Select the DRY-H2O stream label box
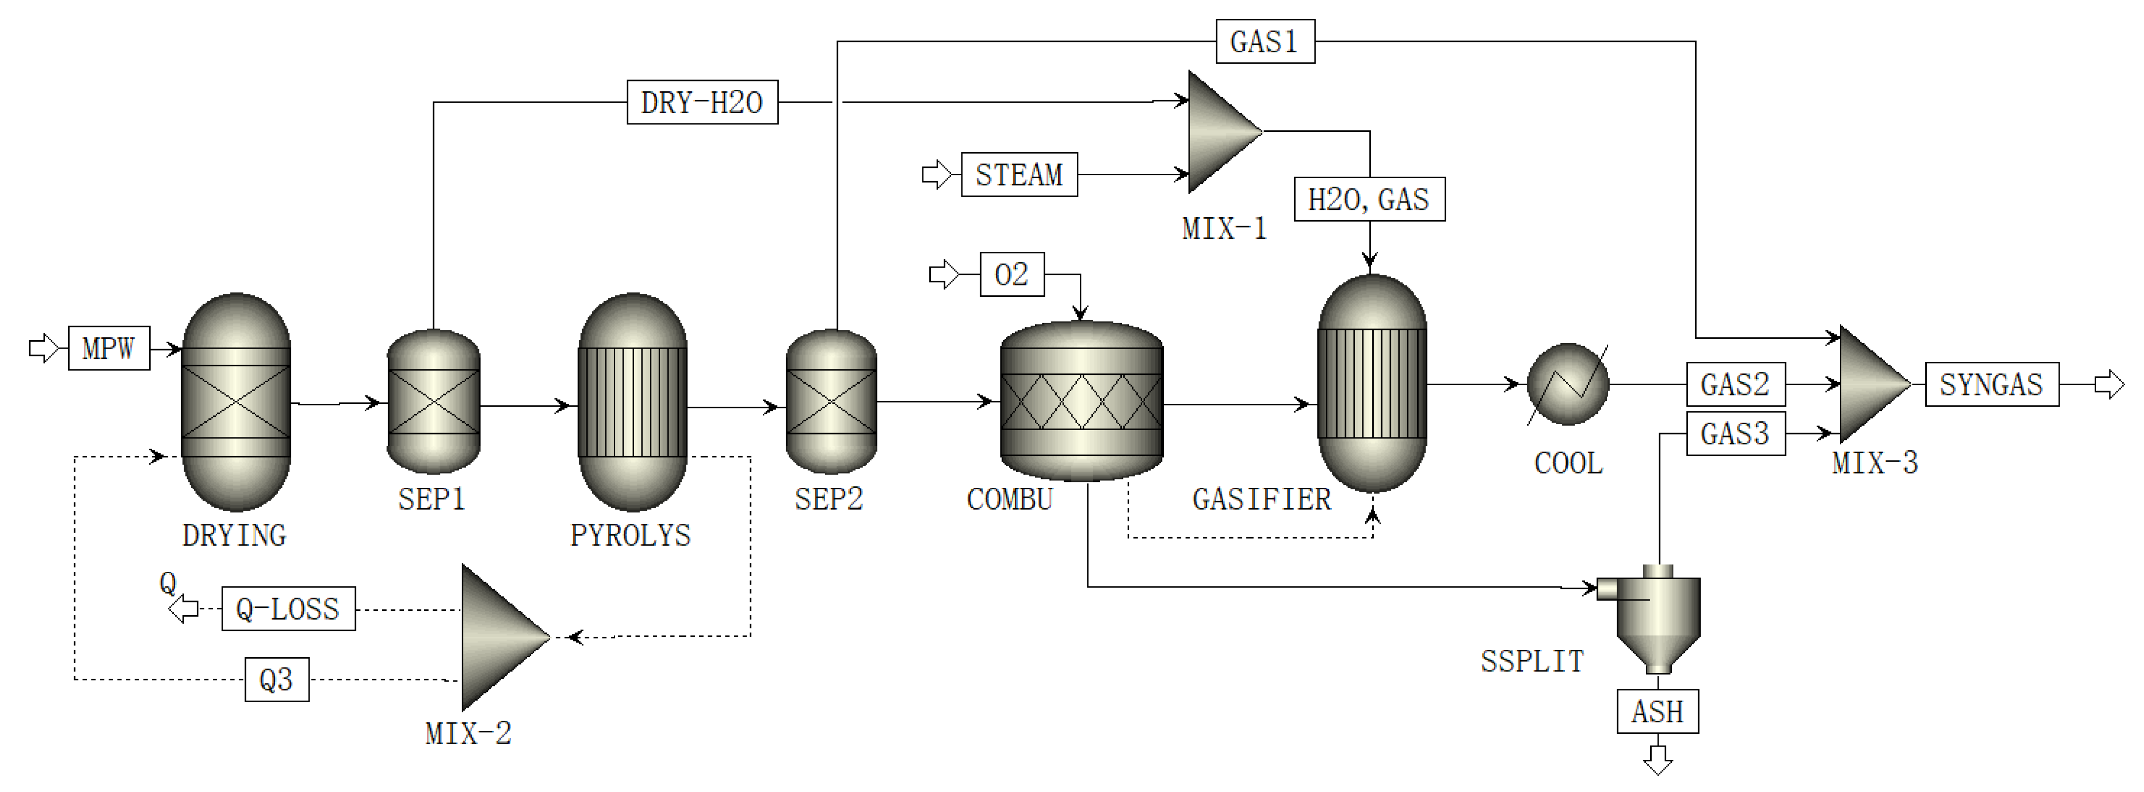[702, 102]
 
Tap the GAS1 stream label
[1264, 41]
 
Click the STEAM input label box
[1019, 175]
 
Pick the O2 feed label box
[1011, 275]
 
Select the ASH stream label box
[1657, 712]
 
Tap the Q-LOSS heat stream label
[288, 609]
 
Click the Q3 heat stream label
[277, 680]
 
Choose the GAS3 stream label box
[1735, 434]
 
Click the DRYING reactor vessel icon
[237, 402]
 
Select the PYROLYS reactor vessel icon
[633, 402]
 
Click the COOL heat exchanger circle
[1568, 384]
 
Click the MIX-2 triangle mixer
[499, 637]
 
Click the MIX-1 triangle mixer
[1220, 131]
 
